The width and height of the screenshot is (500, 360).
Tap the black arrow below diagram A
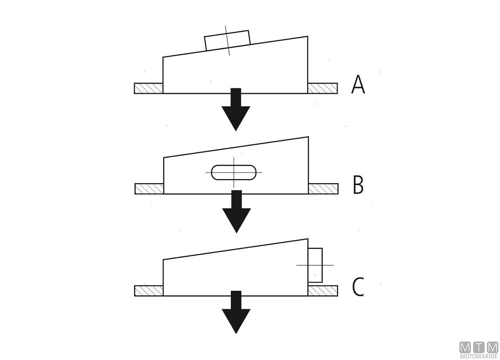236,110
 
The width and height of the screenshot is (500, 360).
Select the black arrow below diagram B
236,212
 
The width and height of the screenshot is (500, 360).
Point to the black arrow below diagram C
236,312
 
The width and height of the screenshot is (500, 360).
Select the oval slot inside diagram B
234,172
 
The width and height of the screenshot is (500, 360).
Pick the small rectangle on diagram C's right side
315,265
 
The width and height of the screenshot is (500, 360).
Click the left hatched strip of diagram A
148,88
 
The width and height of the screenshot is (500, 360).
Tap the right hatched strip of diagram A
322,88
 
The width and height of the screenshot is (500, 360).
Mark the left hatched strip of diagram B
149,189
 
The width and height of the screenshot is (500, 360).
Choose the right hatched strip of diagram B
323,189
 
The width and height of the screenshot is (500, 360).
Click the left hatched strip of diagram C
148,290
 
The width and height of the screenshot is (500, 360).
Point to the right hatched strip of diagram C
323,290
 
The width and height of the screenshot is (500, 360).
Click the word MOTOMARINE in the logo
479,357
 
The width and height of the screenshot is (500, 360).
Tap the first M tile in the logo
465,347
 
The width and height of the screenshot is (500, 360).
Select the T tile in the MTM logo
479,347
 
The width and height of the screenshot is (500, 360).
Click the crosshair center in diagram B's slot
234,172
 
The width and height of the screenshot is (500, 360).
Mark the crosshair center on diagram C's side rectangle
316,265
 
